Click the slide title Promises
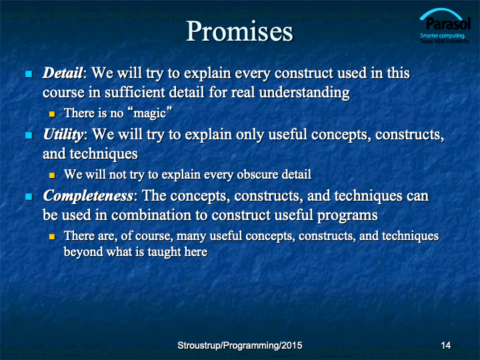point(240,31)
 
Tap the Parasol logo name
point(448,23)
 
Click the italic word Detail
point(63,73)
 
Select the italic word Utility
point(63,135)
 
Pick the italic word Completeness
point(88,196)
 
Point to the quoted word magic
point(150,113)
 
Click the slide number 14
point(446,345)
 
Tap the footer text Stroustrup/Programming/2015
point(240,345)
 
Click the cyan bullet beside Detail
point(29,74)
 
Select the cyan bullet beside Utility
point(29,135)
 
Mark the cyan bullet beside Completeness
point(29,197)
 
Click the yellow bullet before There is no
point(52,114)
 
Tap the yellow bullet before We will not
point(52,175)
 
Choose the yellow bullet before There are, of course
point(52,237)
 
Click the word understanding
point(304,93)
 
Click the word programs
point(347,216)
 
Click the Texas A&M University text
point(445,41)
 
